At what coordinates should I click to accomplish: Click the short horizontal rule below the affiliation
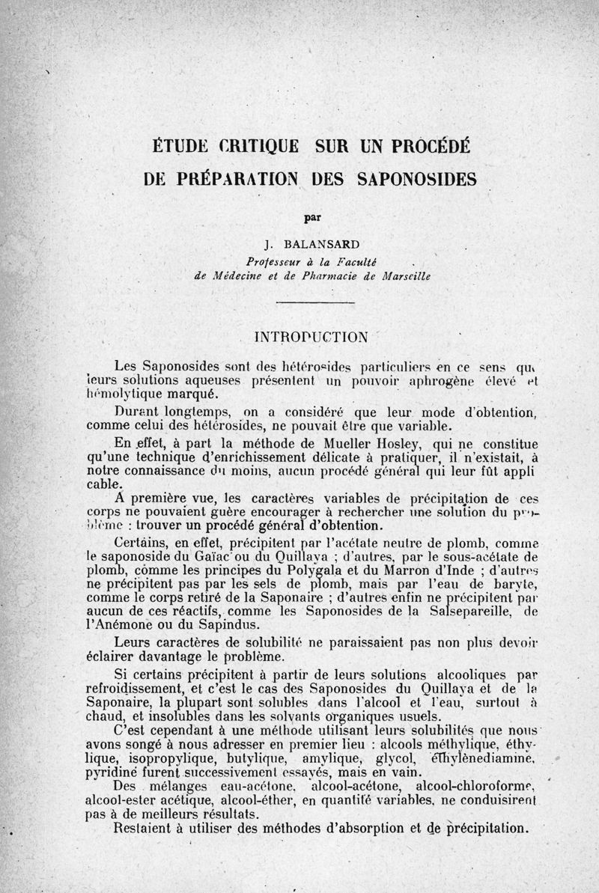click(315, 302)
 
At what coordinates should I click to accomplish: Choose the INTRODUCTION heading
click(311, 337)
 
